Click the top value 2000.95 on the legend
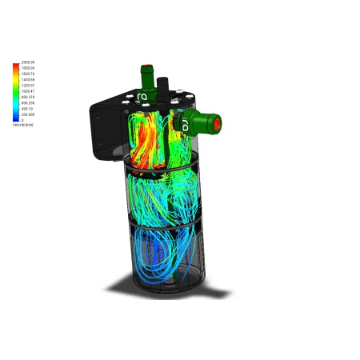pyautogui.click(x=28, y=62)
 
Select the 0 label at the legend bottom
pyautogui.click(x=23, y=120)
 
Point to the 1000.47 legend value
pyautogui.click(x=28, y=91)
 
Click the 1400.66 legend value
pyautogui.click(x=28, y=80)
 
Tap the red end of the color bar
pyautogui.click(x=15, y=65)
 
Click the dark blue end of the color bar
pyautogui.click(x=15, y=118)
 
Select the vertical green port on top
pyautogui.click(x=146, y=76)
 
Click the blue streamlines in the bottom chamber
pyautogui.click(x=156, y=256)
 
